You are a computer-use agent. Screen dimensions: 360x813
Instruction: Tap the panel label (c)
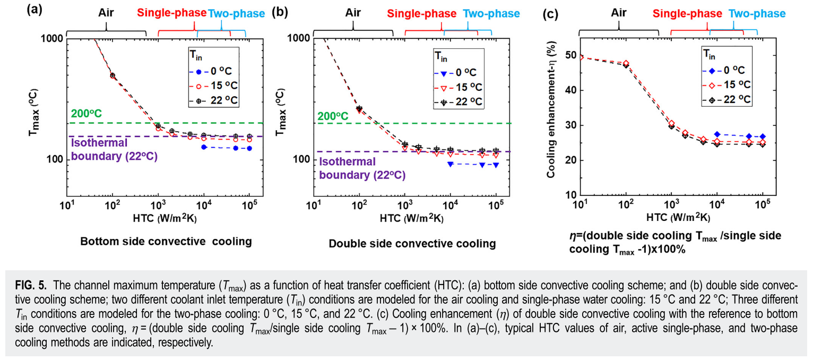tap(550, 14)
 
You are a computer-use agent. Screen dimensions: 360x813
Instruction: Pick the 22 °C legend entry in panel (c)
tap(730, 100)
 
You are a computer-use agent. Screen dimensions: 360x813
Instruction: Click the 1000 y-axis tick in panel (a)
tap(53, 38)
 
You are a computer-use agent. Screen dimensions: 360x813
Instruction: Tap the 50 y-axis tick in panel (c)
tap(569, 55)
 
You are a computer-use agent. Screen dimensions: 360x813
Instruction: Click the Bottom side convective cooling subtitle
tap(166, 242)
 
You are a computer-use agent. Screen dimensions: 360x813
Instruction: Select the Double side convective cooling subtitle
tap(412, 244)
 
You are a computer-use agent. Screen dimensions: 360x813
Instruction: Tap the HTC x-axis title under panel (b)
tap(412, 218)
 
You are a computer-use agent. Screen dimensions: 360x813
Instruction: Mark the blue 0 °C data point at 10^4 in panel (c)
tap(717, 134)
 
